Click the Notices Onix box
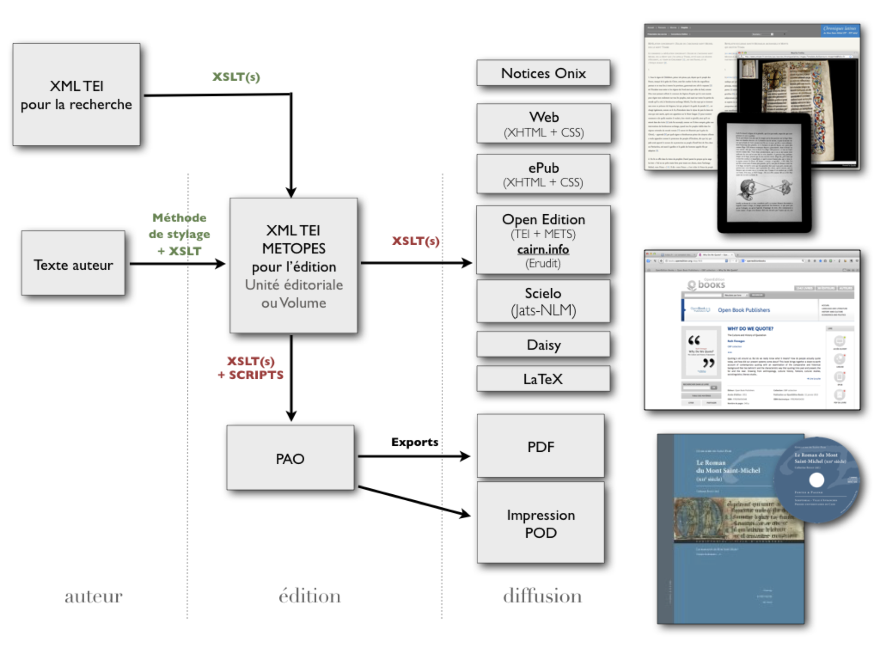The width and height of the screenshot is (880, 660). coord(543,73)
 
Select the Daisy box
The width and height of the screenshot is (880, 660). coord(543,344)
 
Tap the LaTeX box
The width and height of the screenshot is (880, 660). coord(543,379)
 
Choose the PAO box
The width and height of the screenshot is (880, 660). coord(290,458)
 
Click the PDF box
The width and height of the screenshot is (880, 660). coord(541,447)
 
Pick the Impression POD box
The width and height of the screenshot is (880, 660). coord(541,523)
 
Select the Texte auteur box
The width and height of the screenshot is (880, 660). coord(73,264)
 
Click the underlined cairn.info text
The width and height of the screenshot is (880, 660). coord(543,249)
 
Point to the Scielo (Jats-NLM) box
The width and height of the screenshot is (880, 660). coord(543,301)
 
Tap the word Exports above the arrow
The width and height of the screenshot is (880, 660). coord(415,442)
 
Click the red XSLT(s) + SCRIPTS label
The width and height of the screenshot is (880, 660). coord(251,368)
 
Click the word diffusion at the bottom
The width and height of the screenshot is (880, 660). coord(542,596)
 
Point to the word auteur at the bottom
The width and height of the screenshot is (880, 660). coord(94,596)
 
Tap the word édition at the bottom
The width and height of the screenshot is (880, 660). coord(309,596)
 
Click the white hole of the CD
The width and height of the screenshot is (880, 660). coord(816,479)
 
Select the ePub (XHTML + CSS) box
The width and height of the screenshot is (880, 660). coord(543,174)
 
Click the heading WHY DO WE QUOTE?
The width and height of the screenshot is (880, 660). coord(750,328)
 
